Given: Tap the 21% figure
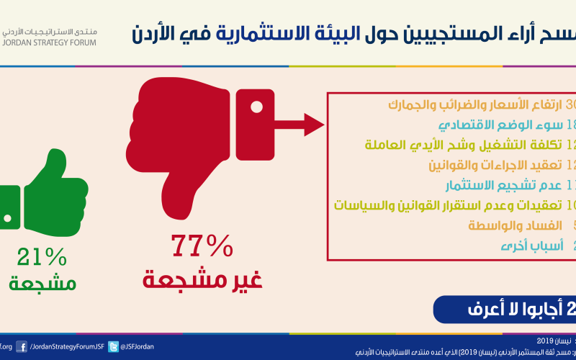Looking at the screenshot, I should [x=42, y=256].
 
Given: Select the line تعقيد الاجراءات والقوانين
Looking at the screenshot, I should [x=497, y=166].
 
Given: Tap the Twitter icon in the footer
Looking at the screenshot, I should [x=113, y=346].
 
